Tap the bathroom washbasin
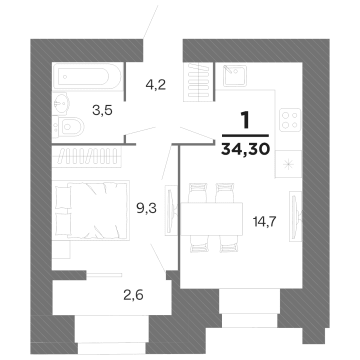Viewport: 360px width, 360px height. coord(61,104)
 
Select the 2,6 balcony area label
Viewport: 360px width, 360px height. coord(133,295)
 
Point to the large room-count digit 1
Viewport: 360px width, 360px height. coord(245,121)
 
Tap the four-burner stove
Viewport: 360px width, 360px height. coord(289,119)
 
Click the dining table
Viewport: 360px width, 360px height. coord(210,218)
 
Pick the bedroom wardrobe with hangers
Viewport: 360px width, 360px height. coord(87,156)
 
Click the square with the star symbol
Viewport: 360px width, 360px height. coord(289,163)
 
